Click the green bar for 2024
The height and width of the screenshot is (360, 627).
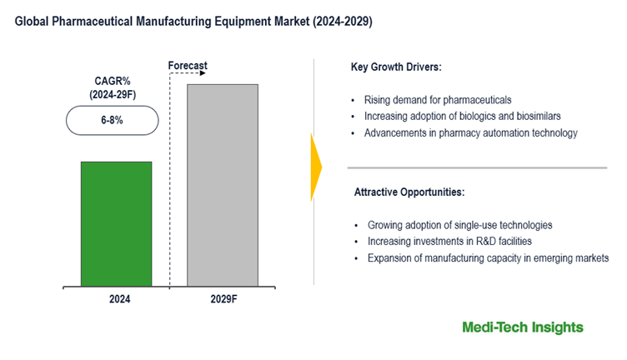116,223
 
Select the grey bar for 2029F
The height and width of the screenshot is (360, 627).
222,185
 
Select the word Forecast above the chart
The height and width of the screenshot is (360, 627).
188,65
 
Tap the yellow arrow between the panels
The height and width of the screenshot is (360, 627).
315,167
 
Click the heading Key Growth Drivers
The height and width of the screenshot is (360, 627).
398,67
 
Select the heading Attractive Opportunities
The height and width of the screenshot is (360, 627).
409,192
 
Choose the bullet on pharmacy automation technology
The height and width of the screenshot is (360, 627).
472,133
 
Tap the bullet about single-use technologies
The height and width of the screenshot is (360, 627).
459,225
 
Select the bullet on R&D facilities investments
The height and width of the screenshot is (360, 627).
449,242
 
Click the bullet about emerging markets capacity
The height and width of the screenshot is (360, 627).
488,258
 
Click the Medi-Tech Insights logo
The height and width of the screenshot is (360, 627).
523,327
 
